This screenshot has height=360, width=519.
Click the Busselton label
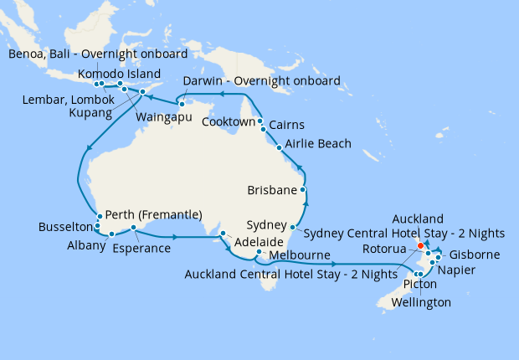65,227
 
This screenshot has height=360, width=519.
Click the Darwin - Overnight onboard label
262,81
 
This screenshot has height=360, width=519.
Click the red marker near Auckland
420,246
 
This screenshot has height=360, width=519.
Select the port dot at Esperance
133,228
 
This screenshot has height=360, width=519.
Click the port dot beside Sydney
292,227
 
